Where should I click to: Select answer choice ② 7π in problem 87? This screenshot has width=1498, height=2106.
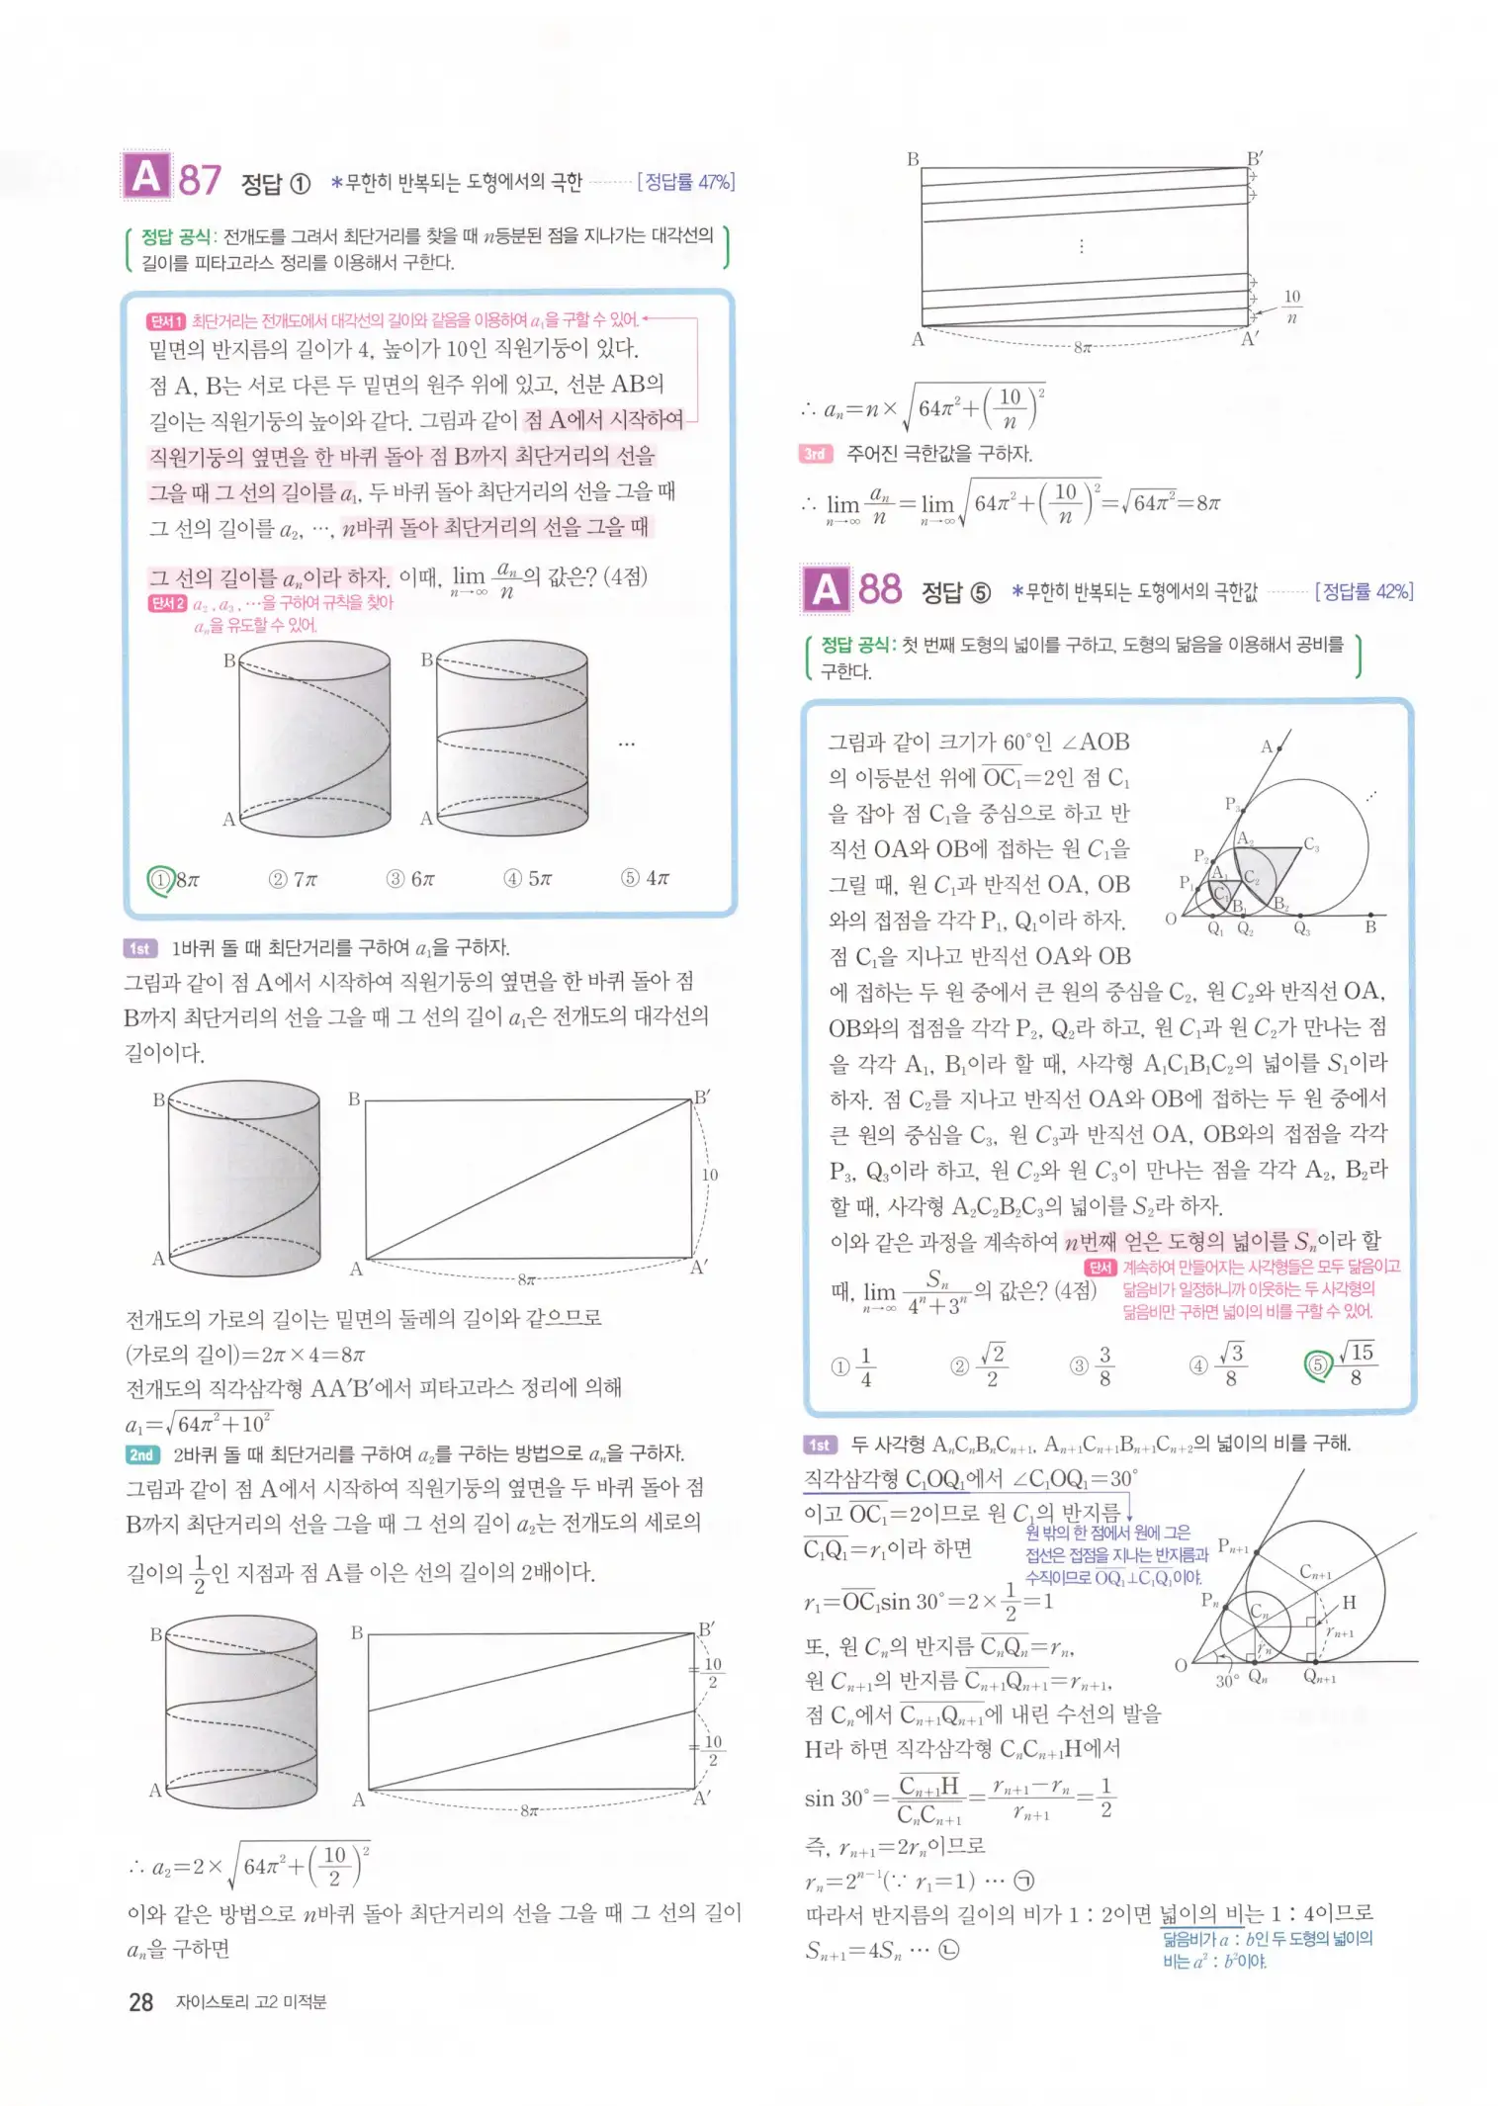click(294, 879)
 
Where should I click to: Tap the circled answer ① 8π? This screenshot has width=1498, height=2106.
click(174, 879)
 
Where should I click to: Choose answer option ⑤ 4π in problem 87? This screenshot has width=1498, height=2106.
click(646, 878)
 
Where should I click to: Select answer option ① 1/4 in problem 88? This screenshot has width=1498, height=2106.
click(854, 1366)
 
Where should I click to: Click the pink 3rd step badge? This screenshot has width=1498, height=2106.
click(815, 454)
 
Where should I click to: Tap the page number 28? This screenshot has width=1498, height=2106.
click(140, 2002)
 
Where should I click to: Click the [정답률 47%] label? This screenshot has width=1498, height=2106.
click(686, 182)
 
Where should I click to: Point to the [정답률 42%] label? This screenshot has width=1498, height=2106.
click(1364, 591)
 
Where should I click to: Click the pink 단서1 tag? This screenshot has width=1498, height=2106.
click(166, 321)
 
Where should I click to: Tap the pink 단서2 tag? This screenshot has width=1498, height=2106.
click(167, 603)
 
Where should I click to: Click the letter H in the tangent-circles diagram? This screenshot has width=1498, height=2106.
click(1349, 1603)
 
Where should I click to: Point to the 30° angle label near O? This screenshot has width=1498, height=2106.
click(1226, 1681)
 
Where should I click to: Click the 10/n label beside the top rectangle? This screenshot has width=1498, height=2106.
click(1291, 307)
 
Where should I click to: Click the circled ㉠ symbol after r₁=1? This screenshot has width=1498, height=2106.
click(1024, 1881)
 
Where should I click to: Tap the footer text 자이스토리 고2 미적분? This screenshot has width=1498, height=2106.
click(250, 2002)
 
